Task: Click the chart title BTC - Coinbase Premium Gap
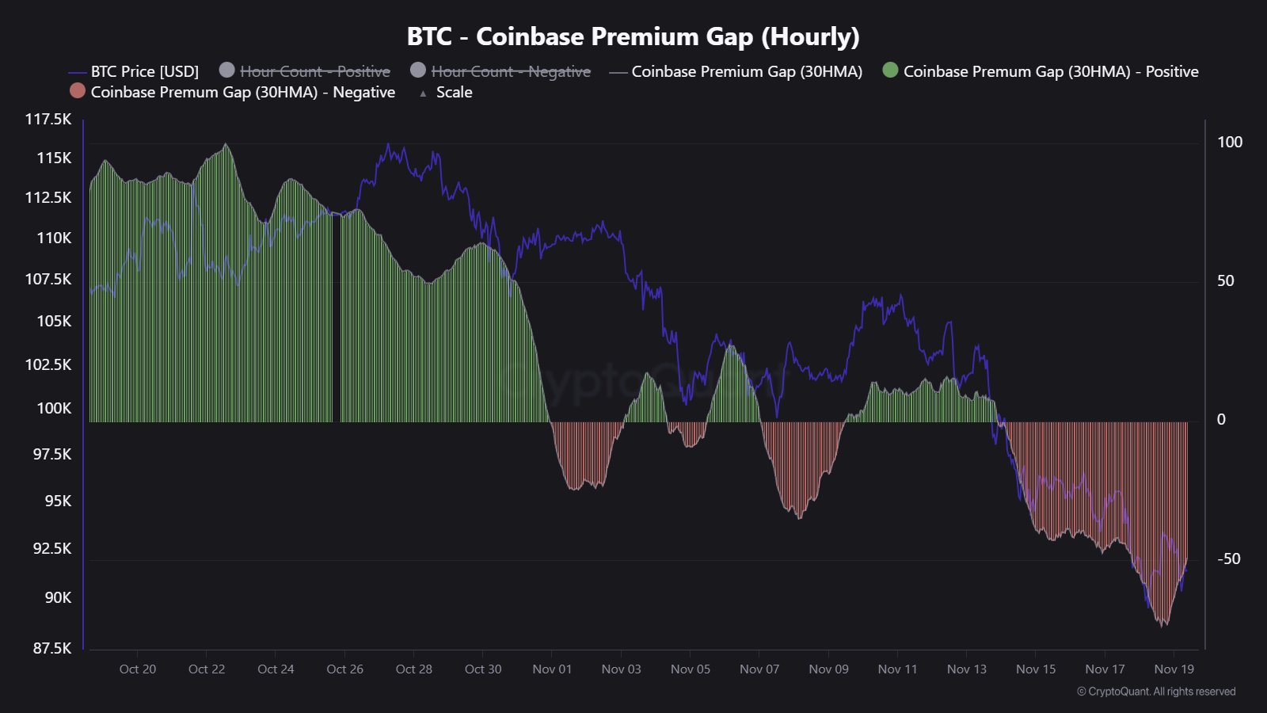point(633,36)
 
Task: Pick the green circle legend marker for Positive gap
point(890,71)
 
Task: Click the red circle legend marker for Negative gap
point(77,91)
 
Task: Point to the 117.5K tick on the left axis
point(48,119)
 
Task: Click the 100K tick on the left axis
point(54,408)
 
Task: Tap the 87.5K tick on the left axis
point(51,648)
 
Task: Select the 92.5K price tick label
point(51,548)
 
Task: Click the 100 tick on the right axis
point(1230,142)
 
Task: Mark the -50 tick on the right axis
point(1228,559)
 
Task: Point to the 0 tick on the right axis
point(1221,419)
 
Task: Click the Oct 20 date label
point(138,669)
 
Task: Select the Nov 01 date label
point(552,669)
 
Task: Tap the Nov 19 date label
point(1174,669)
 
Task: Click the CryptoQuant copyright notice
point(1156,692)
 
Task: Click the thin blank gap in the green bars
point(337,317)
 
